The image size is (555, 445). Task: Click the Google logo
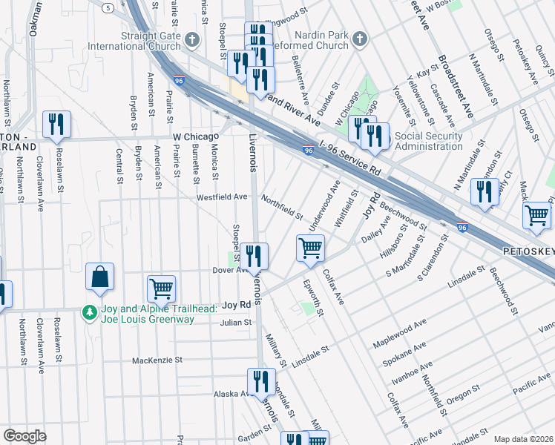coord(24,436)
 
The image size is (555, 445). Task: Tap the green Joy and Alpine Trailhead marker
coord(89,312)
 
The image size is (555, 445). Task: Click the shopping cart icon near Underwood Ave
coord(310,248)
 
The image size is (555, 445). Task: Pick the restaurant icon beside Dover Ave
coord(255,256)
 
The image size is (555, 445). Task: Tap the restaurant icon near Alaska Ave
coord(260,382)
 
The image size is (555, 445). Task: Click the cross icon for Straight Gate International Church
coord(192,39)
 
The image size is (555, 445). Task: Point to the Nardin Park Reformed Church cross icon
coord(359,39)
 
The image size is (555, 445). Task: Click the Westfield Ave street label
coord(221,197)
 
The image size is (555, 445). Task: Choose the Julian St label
coord(236,323)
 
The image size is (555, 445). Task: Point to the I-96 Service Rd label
coord(359,158)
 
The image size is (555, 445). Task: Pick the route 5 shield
coord(109,7)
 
